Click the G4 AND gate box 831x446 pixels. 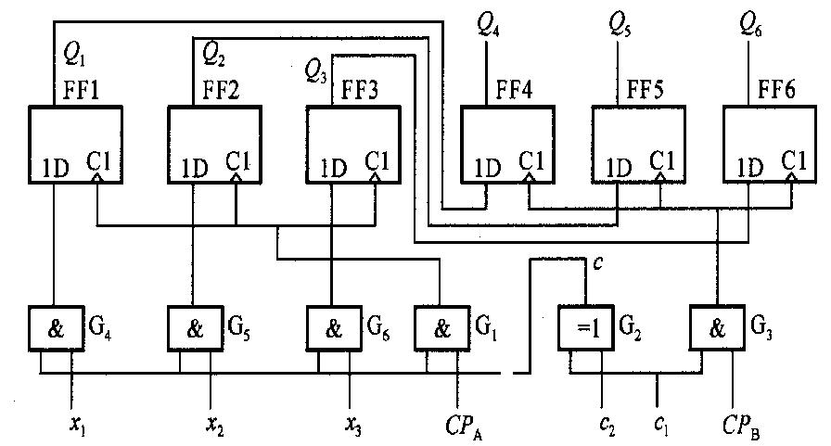(x=56, y=328)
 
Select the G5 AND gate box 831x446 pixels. (x=195, y=328)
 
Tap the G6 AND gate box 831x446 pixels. (x=334, y=328)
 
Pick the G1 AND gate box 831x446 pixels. (x=442, y=328)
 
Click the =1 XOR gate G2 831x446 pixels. (x=586, y=328)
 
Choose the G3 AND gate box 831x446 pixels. (x=717, y=328)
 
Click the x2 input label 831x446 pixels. (x=215, y=425)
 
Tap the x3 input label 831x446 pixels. (x=354, y=425)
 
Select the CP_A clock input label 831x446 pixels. (x=465, y=426)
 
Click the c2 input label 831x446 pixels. (x=607, y=426)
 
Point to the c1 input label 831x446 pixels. (x=661, y=426)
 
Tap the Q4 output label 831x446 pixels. (x=488, y=24)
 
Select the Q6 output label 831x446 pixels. (x=751, y=24)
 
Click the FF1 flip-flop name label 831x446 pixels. (x=81, y=90)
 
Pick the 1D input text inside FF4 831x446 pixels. (x=487, y=169)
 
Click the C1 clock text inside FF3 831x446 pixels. (x=377, y=160)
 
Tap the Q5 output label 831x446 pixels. (x=620, y=24)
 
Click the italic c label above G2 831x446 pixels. (x=598, y=263)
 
